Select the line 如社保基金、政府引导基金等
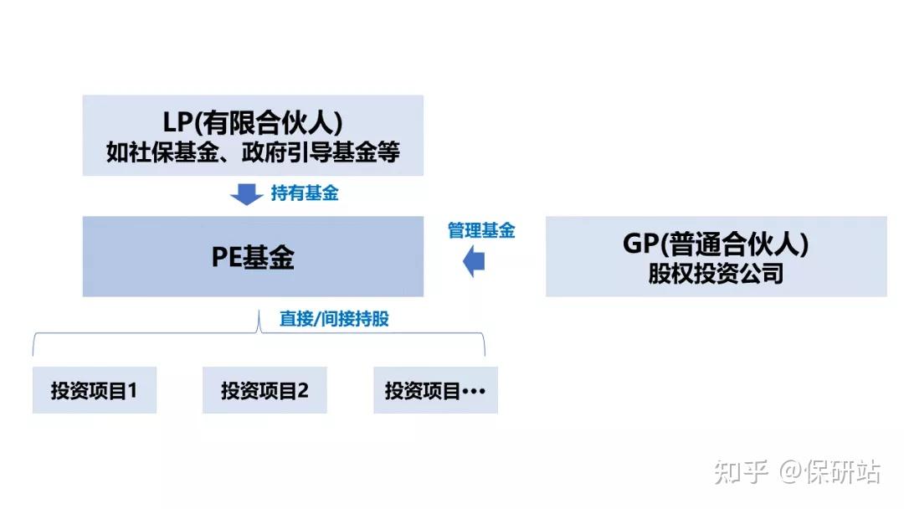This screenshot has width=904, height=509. pyautogui.click(x=253, y=152)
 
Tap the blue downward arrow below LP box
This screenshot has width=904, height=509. pyautogui.click(x=246, y=194)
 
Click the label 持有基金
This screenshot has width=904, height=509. pyautogui.click(x=304, y=194)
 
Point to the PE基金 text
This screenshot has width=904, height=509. pyautogui.click(x=253, y=257)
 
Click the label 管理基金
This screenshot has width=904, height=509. pyautogui.click(x=480, y=231)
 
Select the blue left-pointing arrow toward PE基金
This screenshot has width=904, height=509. pyautogui.click(x=475, y=262)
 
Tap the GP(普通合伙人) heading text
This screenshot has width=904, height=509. pyautogui.click(x=716, y=244)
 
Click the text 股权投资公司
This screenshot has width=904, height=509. pyautogui.click(x=716, y=274)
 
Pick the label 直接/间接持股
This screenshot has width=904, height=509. pyautogui.click(x=334, y=319)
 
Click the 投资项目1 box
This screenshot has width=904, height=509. pyautogui.click(x=94, y=390)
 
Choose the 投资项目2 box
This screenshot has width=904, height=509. pyautogui.click(x=265, y=390)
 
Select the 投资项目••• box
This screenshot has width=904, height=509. pyautogui.click(x=435, y=390)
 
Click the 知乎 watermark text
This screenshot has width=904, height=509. pyautogui.click(x=741, y=472)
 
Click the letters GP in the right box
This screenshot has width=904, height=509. pyautogui.click(x=640, y=244)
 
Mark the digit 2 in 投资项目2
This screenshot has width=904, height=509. pyautogui.click(x=303, y=390)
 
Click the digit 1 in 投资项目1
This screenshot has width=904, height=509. pyautogui.click(x=131, y=390)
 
